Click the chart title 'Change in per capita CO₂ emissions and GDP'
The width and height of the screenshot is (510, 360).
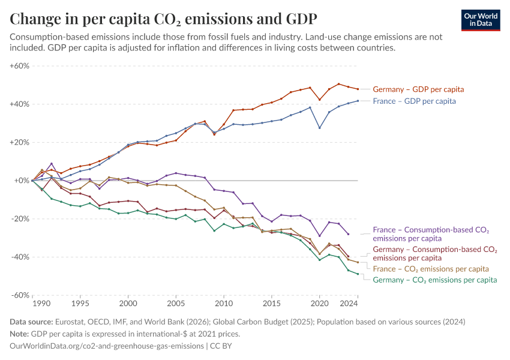coord(164,18)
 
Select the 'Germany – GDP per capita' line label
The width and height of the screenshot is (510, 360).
coord(418,89)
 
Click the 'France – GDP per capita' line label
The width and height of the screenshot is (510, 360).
coord(414,101)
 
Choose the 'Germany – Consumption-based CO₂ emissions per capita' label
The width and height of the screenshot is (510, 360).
coord(434,253)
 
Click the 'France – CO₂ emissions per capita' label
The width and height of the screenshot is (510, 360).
coord(431,268)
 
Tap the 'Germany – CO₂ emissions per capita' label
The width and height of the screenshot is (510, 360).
coord(434,280)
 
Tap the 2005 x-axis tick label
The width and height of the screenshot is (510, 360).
coord(176,305)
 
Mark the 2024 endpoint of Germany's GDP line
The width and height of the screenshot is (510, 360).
coord(358,89)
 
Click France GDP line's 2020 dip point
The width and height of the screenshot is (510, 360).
coord(320,128)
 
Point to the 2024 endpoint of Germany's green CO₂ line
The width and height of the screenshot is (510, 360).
coord(358,274)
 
